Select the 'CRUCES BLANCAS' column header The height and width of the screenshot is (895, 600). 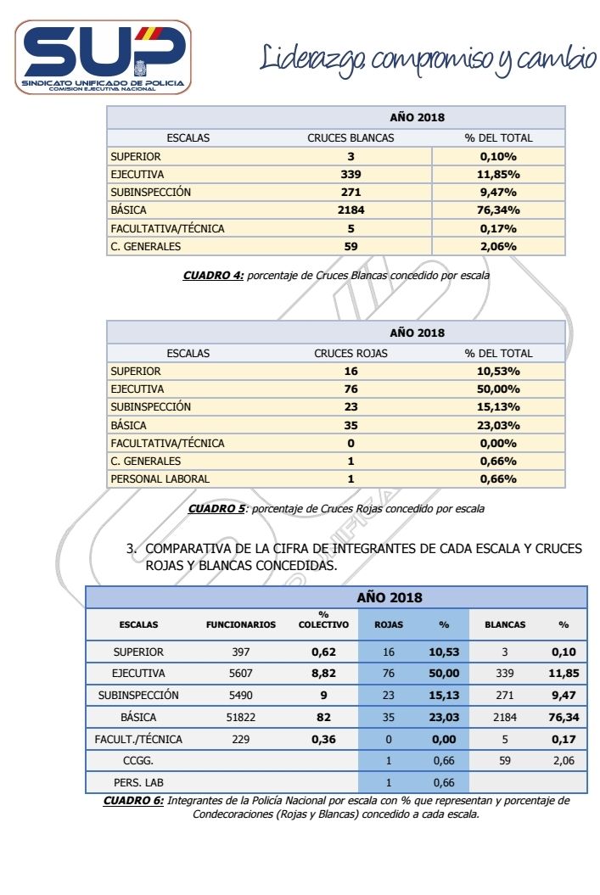pyautogui.click(x=350, y=138)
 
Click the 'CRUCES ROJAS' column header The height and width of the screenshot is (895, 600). pyautogui.click(x=350, y=353)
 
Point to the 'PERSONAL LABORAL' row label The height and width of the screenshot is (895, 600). pyautogui.click(x=160, y=479)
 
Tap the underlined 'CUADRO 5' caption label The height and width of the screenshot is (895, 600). pyautogui.click(x=216, y=509)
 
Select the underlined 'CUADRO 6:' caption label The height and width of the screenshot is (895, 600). pyautogui.click(x=134, y=800)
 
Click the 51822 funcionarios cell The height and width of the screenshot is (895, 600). pyautogui.click(x=241, y=718)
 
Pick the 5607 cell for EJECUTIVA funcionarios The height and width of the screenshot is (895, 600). pyautogui.click(x=241, y=674)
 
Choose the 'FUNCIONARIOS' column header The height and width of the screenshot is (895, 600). pyautogui.click(x=241, y=625)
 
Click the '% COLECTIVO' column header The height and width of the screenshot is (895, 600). pyautogui.click(x=323, y=620)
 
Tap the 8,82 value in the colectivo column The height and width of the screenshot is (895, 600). pyautogui.click(x=323, y=674)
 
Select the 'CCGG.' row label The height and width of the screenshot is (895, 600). pyautogui.click(x=138, y=761)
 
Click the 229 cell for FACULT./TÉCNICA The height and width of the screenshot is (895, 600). pyautogui.click(x=241, y=739)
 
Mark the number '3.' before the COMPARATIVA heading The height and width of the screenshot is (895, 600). pyautogui.click(x=132, y=549)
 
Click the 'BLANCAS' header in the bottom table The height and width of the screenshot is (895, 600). pyautogui.click(x=505, y=625)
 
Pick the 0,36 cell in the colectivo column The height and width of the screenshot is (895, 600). pyautogui.click(x=323, y=739)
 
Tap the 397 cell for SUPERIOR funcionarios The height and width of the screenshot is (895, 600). pyautogui.click(x=241, y=652)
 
